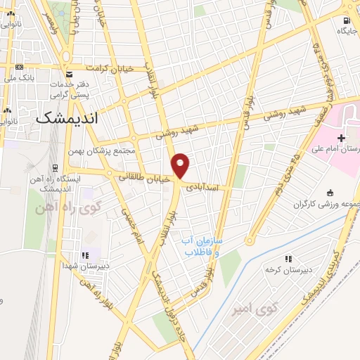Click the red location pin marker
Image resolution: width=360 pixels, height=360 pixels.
pos(181,166)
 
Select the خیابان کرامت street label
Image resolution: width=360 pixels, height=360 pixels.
pos(109,68)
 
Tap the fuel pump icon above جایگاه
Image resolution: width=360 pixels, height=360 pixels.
pos(347,20)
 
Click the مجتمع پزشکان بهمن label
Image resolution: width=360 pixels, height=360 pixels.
pos(105,150)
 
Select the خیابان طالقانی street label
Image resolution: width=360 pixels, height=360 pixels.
pos(145,179)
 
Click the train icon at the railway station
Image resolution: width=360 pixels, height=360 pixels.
pos(53,168)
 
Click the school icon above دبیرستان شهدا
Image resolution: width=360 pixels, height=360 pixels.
pos(86,255)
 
